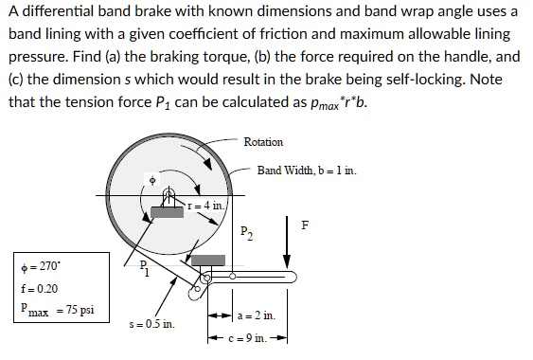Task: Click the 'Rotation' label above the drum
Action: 263,142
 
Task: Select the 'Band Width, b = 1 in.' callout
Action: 306,171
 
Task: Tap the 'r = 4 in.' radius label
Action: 207,204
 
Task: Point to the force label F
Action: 304,225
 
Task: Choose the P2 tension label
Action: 246,230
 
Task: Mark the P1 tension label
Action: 143,268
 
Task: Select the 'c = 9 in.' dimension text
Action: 256,336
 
